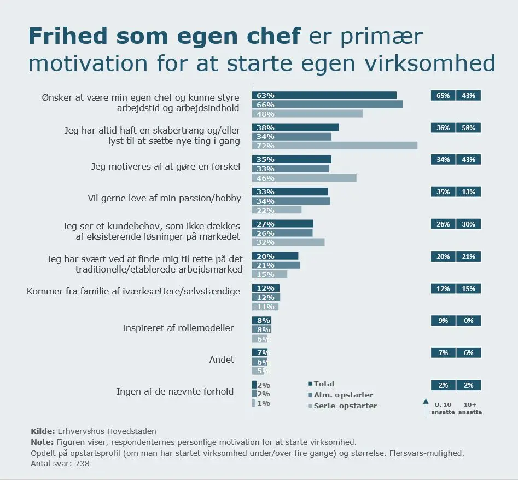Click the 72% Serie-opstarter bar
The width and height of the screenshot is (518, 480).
[x=334, y=146]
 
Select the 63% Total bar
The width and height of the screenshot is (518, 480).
[x=324, y=95]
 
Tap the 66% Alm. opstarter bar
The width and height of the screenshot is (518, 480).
[x=327, y=105]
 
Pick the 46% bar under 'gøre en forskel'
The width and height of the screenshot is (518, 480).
[x=304, y=178]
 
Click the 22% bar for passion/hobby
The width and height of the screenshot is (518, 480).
[x=276, y=210]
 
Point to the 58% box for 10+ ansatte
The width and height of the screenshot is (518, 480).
[x=468, y=128]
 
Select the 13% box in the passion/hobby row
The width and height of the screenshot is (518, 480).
[x=468, y=192]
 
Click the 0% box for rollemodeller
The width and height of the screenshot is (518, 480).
[x=468, y=321]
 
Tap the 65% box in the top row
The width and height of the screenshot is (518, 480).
[x=443, y=96]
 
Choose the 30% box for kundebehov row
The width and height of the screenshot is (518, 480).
[x=468, y=224]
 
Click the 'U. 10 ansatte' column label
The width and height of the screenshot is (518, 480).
[x=444, y=408]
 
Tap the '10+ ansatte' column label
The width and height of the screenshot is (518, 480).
[x=470, y=408]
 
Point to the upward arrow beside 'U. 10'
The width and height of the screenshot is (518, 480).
[x=426, y=407]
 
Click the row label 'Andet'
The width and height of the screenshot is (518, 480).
[x=222, y=360]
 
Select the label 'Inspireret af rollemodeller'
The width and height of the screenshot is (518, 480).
[x=178, y=328]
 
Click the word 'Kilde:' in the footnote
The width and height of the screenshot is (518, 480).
[x=42, y=431]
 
